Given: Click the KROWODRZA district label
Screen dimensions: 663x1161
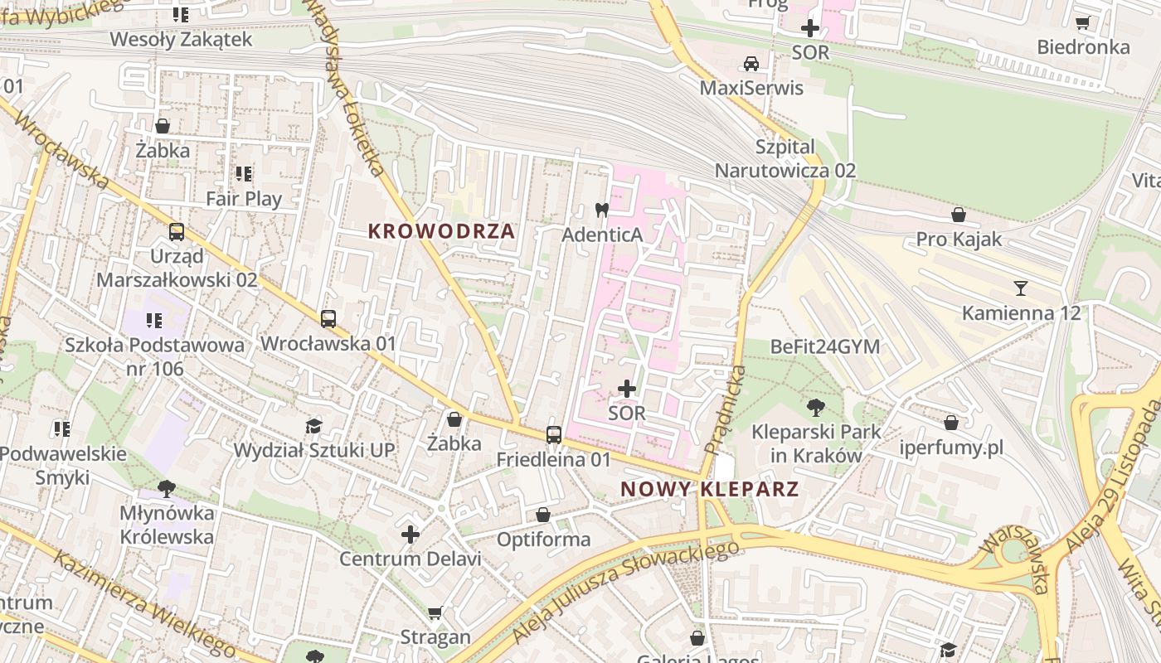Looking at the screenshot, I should (x=441, y=232).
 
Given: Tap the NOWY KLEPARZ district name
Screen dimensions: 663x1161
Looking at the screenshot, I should (x=710, y=489).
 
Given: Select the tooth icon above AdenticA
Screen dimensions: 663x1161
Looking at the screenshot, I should (x=602, y=211).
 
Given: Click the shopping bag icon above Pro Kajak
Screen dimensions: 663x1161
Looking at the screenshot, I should (x=959, y=215).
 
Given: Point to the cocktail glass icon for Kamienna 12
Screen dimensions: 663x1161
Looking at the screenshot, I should (x=1021, y=288).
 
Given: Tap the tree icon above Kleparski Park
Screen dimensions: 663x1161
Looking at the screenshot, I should (x=816, y=407).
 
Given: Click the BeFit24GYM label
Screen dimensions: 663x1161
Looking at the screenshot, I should (x=825, y=346).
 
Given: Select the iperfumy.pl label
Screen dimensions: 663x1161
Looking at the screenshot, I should (x=951, y=448).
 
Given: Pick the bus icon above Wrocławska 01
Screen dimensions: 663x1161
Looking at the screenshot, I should (x=328, y=318).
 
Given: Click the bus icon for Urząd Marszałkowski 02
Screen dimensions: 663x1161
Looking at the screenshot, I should (x=177, y=231).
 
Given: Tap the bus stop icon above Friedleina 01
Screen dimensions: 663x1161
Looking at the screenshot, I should (x=554, y=434).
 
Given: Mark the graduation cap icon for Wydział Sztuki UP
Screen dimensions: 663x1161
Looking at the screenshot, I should (x=313, y=426).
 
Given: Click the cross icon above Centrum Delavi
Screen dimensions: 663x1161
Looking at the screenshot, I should (x=410, y=535).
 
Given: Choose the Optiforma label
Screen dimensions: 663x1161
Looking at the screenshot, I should (x=543, y=540).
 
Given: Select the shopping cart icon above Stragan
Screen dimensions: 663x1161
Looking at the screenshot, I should (x=435, y=613).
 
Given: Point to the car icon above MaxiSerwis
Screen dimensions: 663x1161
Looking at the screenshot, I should (x=751, y=64).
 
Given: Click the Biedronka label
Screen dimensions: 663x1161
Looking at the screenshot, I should (x=1083, y=46).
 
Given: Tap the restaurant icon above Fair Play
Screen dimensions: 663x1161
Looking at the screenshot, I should (x=244, y=174).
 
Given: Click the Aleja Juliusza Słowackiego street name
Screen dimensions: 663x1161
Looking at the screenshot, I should (x=625, y=591).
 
